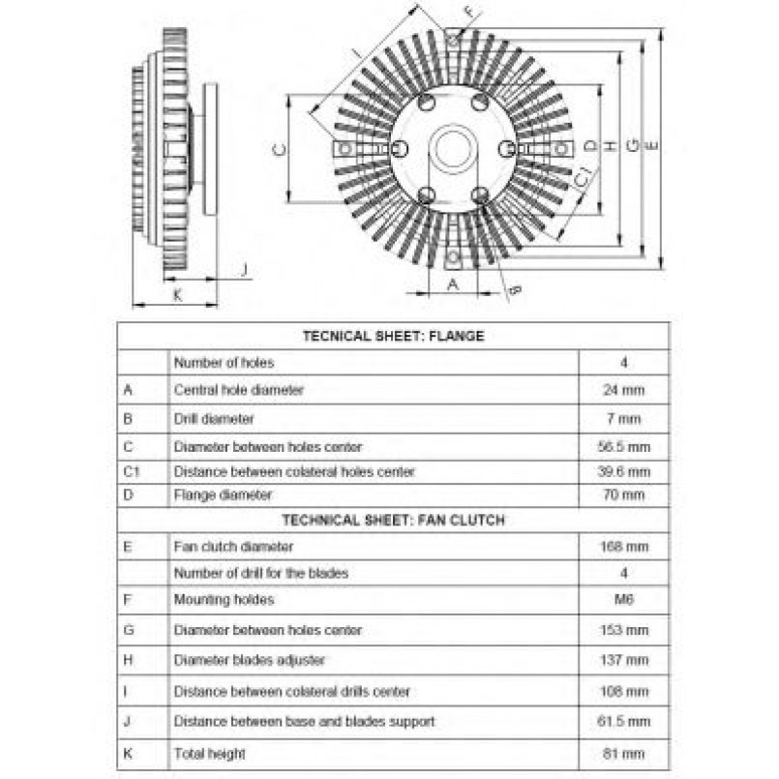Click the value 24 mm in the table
click(x=624, y=390)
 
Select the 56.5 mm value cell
click(x=624, y=447)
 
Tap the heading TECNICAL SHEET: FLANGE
click(x=394, y=336)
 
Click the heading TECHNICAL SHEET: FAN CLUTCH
click(x=394, y=521)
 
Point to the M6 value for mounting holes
click(x=624, y=600)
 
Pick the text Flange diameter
click(x=224, y=494)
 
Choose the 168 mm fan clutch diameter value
click(x=624, y=547)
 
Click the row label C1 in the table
click(x=132, y=471)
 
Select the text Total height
click(x=210, y=754)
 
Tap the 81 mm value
click(x=624, y=754)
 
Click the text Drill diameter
click(x=214, y=419)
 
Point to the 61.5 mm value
click(x=624, y=721)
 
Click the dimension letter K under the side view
click(x=177, y=295)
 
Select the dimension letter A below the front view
click(x=453, y=285)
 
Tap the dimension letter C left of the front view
click(x=280, y=149)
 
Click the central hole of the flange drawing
click(x=453, y=148)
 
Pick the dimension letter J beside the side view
click(x=244, y=270)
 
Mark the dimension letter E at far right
click(x=651, y=145)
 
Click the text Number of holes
click(x=225, y=363)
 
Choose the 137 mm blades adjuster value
click(x=624, y=660)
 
